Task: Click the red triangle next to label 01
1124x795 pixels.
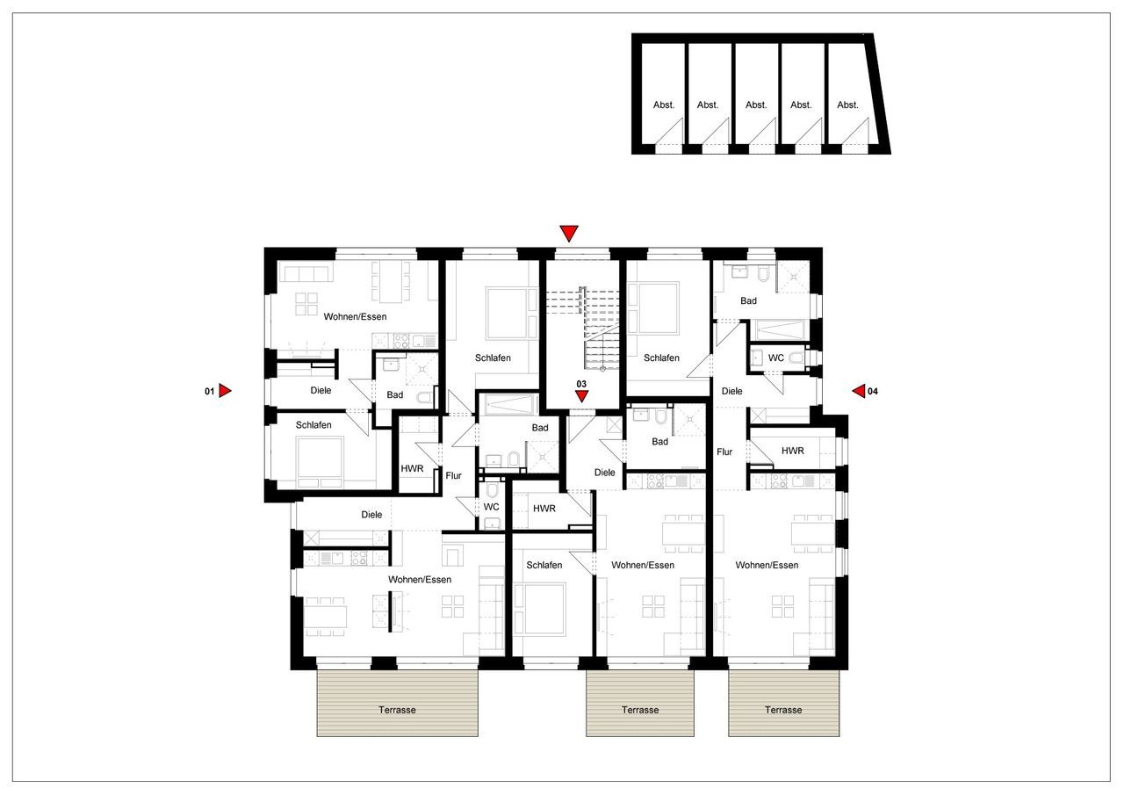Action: (225, 391)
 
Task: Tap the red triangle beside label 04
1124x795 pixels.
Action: (859, 391)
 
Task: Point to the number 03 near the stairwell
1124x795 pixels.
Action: (580, 384)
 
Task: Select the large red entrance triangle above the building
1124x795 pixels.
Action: (569, 233)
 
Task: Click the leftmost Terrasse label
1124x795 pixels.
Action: (397, 710)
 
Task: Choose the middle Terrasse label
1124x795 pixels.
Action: (640, 710)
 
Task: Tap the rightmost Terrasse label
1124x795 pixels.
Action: (782, 710)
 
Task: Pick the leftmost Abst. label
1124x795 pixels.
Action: (664, 105)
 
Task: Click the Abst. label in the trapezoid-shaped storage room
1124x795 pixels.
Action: (847, 105)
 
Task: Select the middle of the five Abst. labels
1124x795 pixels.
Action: (756, 105)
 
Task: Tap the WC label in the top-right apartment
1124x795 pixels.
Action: (776, 358)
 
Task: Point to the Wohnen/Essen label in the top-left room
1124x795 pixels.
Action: (355, 316)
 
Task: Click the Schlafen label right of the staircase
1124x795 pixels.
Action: (661, 358)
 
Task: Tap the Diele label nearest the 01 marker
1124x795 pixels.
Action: (321, 390)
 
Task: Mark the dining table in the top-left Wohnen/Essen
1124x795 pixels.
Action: (390, 282)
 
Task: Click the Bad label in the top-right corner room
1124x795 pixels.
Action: (748, 301)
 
